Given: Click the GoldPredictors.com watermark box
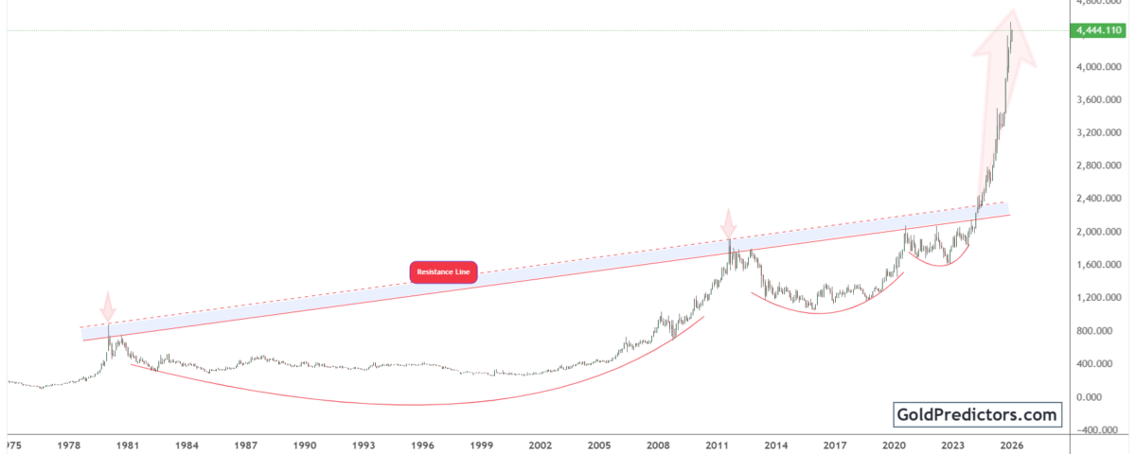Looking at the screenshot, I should click(978, 414).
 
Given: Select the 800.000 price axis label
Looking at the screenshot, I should click(1098, 331).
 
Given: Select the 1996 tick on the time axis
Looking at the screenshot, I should click(422, 444).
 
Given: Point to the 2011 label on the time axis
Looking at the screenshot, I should click(718, 444).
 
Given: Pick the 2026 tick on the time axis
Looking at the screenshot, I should click(1012, 444).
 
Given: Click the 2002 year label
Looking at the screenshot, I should click(541, 444).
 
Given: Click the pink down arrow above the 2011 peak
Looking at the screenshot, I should click(728, 225).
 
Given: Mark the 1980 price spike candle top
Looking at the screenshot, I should click(109, 325).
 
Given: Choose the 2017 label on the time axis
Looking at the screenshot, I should click(835, 444).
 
